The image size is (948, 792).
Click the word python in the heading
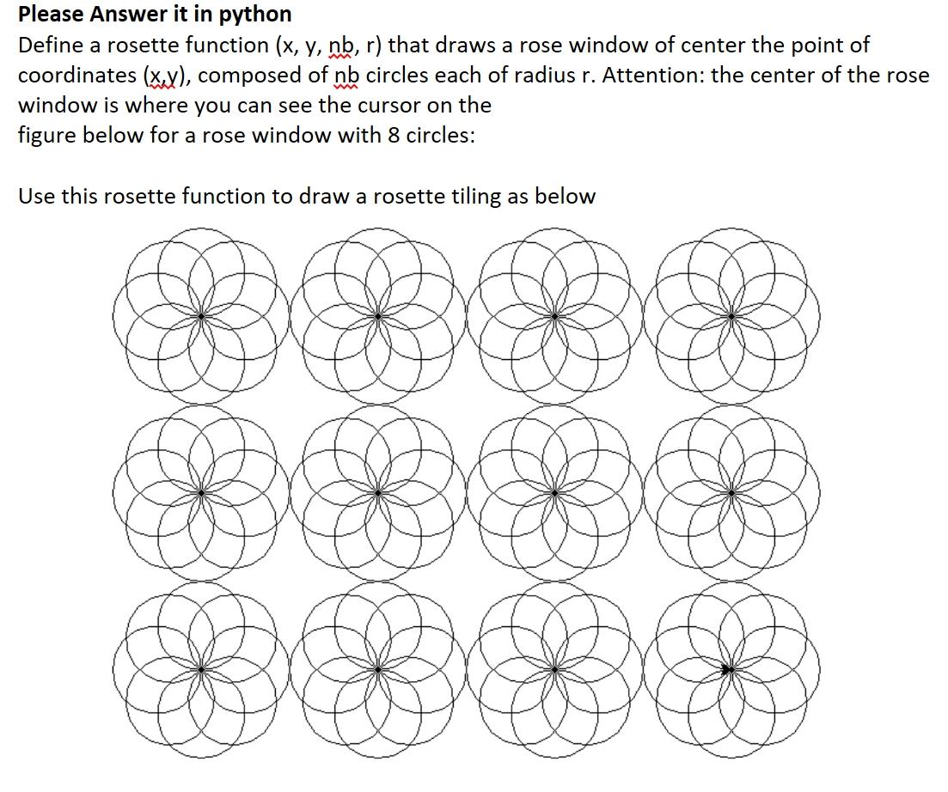[255, 15]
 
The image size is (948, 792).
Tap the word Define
[47, 46]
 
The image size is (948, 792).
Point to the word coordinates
[76, 76]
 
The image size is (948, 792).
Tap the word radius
[547, 76]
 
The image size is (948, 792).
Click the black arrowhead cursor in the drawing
[728, 669]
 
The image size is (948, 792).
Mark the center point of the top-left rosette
[201, 317]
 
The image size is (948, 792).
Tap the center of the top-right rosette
[731, 317]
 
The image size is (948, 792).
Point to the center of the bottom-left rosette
[201, 669]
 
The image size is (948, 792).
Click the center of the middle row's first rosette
[201, 493]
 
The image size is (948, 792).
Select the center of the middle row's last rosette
[731, 493]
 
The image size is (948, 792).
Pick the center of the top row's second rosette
[378, 317]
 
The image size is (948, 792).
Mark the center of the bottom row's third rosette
[554, 669]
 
